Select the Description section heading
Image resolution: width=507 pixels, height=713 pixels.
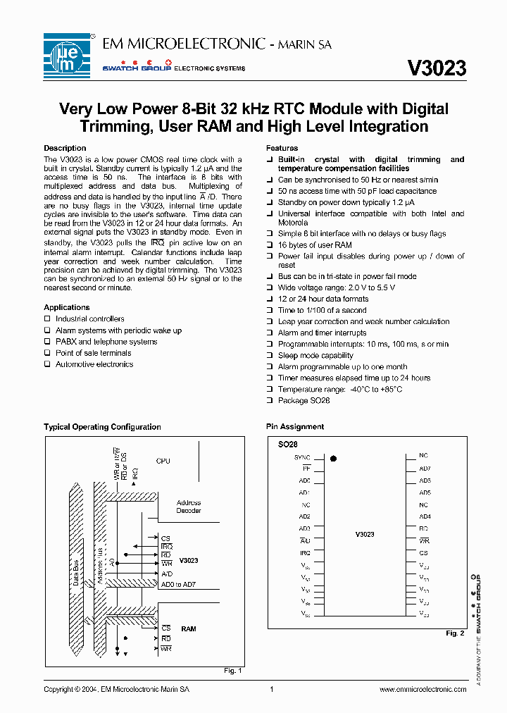click(x=65, y=148)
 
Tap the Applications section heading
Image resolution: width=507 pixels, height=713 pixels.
click(x=67, y=307)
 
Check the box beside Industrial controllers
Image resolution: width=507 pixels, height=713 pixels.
click(x=48, y=319)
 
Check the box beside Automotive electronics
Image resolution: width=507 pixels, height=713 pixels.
click(x=48, y=364)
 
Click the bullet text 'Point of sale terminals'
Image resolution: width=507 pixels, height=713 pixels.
click(x=93, y=353)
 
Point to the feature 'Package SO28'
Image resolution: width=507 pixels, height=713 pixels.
click(x=303, y=400)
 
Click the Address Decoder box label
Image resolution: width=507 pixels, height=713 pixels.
click(x=188, y=507)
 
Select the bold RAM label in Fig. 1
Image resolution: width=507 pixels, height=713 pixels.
click(x=188, y=628)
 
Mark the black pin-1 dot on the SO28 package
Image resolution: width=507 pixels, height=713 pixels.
click(x=333, y=458)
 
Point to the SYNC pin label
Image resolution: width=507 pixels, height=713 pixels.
click(x=302, y=457)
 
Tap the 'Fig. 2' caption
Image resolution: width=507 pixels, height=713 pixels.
click(x=455, y=633)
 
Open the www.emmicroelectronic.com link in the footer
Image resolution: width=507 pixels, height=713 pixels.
click(x=423, y=689)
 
